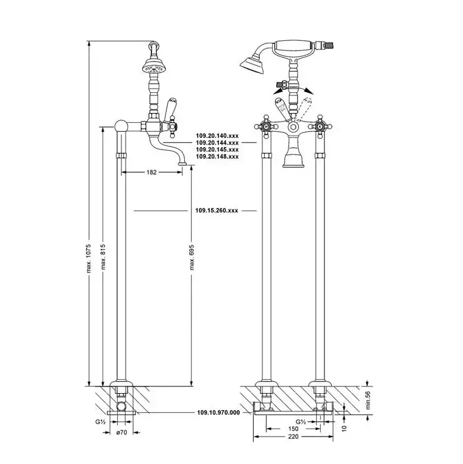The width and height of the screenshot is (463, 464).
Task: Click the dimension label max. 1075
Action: point(89,258)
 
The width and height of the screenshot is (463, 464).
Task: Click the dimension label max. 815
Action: point(103,256)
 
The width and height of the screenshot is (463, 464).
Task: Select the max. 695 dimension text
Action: point(192,257)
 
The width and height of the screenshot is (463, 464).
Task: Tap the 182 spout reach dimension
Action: point(151,172)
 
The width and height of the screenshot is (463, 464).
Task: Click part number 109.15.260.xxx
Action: point(217,211)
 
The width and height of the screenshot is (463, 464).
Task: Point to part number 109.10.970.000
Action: point(218,413)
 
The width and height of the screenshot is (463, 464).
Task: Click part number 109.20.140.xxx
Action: point(217,136)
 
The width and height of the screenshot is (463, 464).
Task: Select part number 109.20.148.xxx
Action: point(217,156)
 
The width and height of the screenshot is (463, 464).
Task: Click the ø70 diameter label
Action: point(121,432)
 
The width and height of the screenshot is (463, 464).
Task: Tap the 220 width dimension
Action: point(293,437)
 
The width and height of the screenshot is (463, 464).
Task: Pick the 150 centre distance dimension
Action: point(293,429)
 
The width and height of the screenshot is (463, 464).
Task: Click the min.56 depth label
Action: point(367,400)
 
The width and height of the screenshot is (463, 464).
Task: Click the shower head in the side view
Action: point(153,67)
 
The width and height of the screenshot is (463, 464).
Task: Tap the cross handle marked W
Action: point(266,126)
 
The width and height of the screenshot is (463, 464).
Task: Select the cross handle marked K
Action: point(320,126)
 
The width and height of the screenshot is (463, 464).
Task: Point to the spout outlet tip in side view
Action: point(183,163)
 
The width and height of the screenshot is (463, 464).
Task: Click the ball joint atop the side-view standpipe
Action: point(121,126)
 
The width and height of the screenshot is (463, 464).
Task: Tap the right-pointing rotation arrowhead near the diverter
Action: point(309,90)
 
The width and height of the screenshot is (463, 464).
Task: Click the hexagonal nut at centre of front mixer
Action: point(293,128)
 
